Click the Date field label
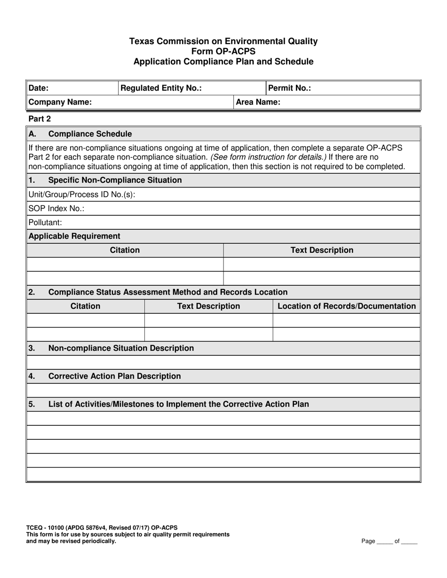39,88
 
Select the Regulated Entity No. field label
161,88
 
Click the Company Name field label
60,102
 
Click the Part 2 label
40,119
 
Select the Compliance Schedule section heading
90,134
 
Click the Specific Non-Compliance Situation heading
115,180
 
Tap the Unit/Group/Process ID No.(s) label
82,194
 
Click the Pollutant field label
45,222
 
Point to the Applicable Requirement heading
74,236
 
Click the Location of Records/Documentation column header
347,306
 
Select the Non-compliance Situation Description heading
121,348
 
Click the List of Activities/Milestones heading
179,404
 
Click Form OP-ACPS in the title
223,51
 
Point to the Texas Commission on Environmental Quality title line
223,41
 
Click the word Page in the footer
368,541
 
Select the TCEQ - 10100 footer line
102,528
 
